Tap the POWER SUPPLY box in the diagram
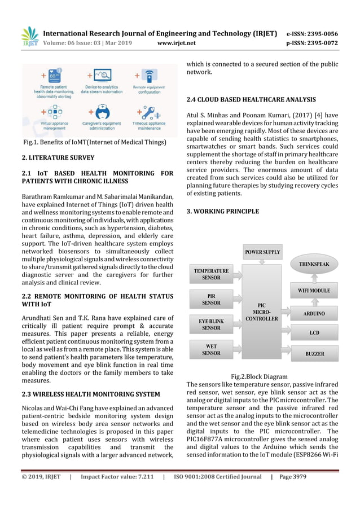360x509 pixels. pos(262,252)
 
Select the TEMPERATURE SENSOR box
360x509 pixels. pos(211,274)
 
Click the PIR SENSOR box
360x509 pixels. pos(211,299)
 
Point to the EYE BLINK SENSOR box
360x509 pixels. pos(211,324)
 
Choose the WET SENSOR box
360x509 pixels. pos(211,349)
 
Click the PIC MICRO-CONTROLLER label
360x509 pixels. pos(261,311)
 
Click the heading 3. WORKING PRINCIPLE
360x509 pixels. pos(223,212)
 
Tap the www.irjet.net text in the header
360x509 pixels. pos(177,43)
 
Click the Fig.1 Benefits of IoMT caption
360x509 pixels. pos(95,143)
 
